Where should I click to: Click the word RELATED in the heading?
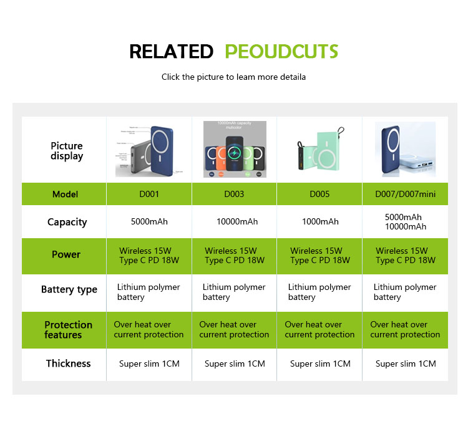pyautogui.click(x=171, y=51)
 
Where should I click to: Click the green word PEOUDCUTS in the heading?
pyautogui.click(x=281, y=51)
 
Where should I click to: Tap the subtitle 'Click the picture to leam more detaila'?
pyautogui.click(x=234, y=77)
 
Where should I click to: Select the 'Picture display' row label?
pyautogui.click(x=67, y=151)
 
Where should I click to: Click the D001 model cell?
pyautogui.click(x=149, y=194)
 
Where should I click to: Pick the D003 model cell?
pyautogui.click(x=235, y=194)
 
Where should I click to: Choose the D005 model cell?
pyautogui.click(x=319, y=194)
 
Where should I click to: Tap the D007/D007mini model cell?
pyautogui.click(x=406, y=194)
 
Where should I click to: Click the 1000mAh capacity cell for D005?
pyautogui.click(x=320, y=222)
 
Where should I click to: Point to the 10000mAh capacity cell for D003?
pyautogui.click(x=235, y=222)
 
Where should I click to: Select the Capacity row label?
pyautogui.click(x=67, y=222)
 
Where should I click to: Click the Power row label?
pyautogui.click(x=66, y=254)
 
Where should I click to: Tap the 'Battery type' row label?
pyautogui.click(x=69, y=289)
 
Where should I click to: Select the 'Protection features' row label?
pyautogui.click(x=68, y=330)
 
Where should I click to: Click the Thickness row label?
pyautogui.click(x=68, y=364)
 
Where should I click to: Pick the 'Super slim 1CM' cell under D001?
pyautogui.click(x=149, y=364)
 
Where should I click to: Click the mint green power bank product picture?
pyautogui.click(x=320, y=150)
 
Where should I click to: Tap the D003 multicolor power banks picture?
pyautogui.click(x=235, y=150)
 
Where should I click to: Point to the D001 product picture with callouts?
pyautogui.click(x=149, y=150)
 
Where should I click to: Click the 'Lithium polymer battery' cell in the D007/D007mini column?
pyautogui.click(x=404, y=292)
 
